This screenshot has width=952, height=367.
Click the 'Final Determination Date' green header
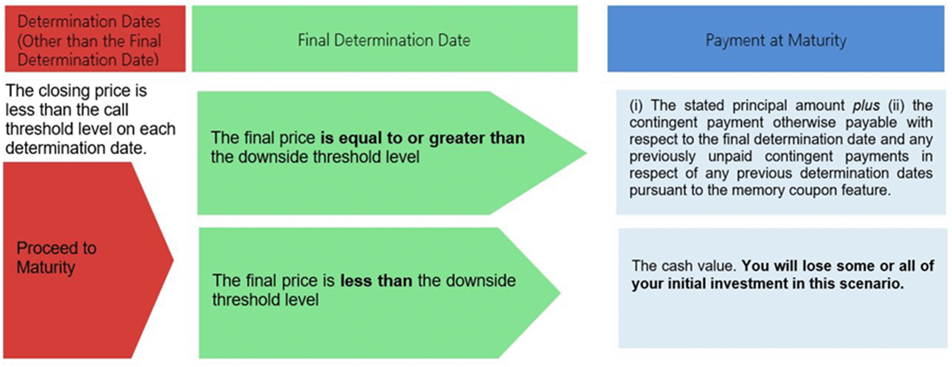pos(385,39)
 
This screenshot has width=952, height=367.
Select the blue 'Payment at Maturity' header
pos(776,39)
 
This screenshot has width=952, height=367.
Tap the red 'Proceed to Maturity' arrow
pos(88,260)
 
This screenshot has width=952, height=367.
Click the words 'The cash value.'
pos(684,266)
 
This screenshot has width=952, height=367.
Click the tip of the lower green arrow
pos(561,293)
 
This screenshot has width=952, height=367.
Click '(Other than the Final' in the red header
pos(89,41)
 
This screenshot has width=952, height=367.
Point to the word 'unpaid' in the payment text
pos(730,156)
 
